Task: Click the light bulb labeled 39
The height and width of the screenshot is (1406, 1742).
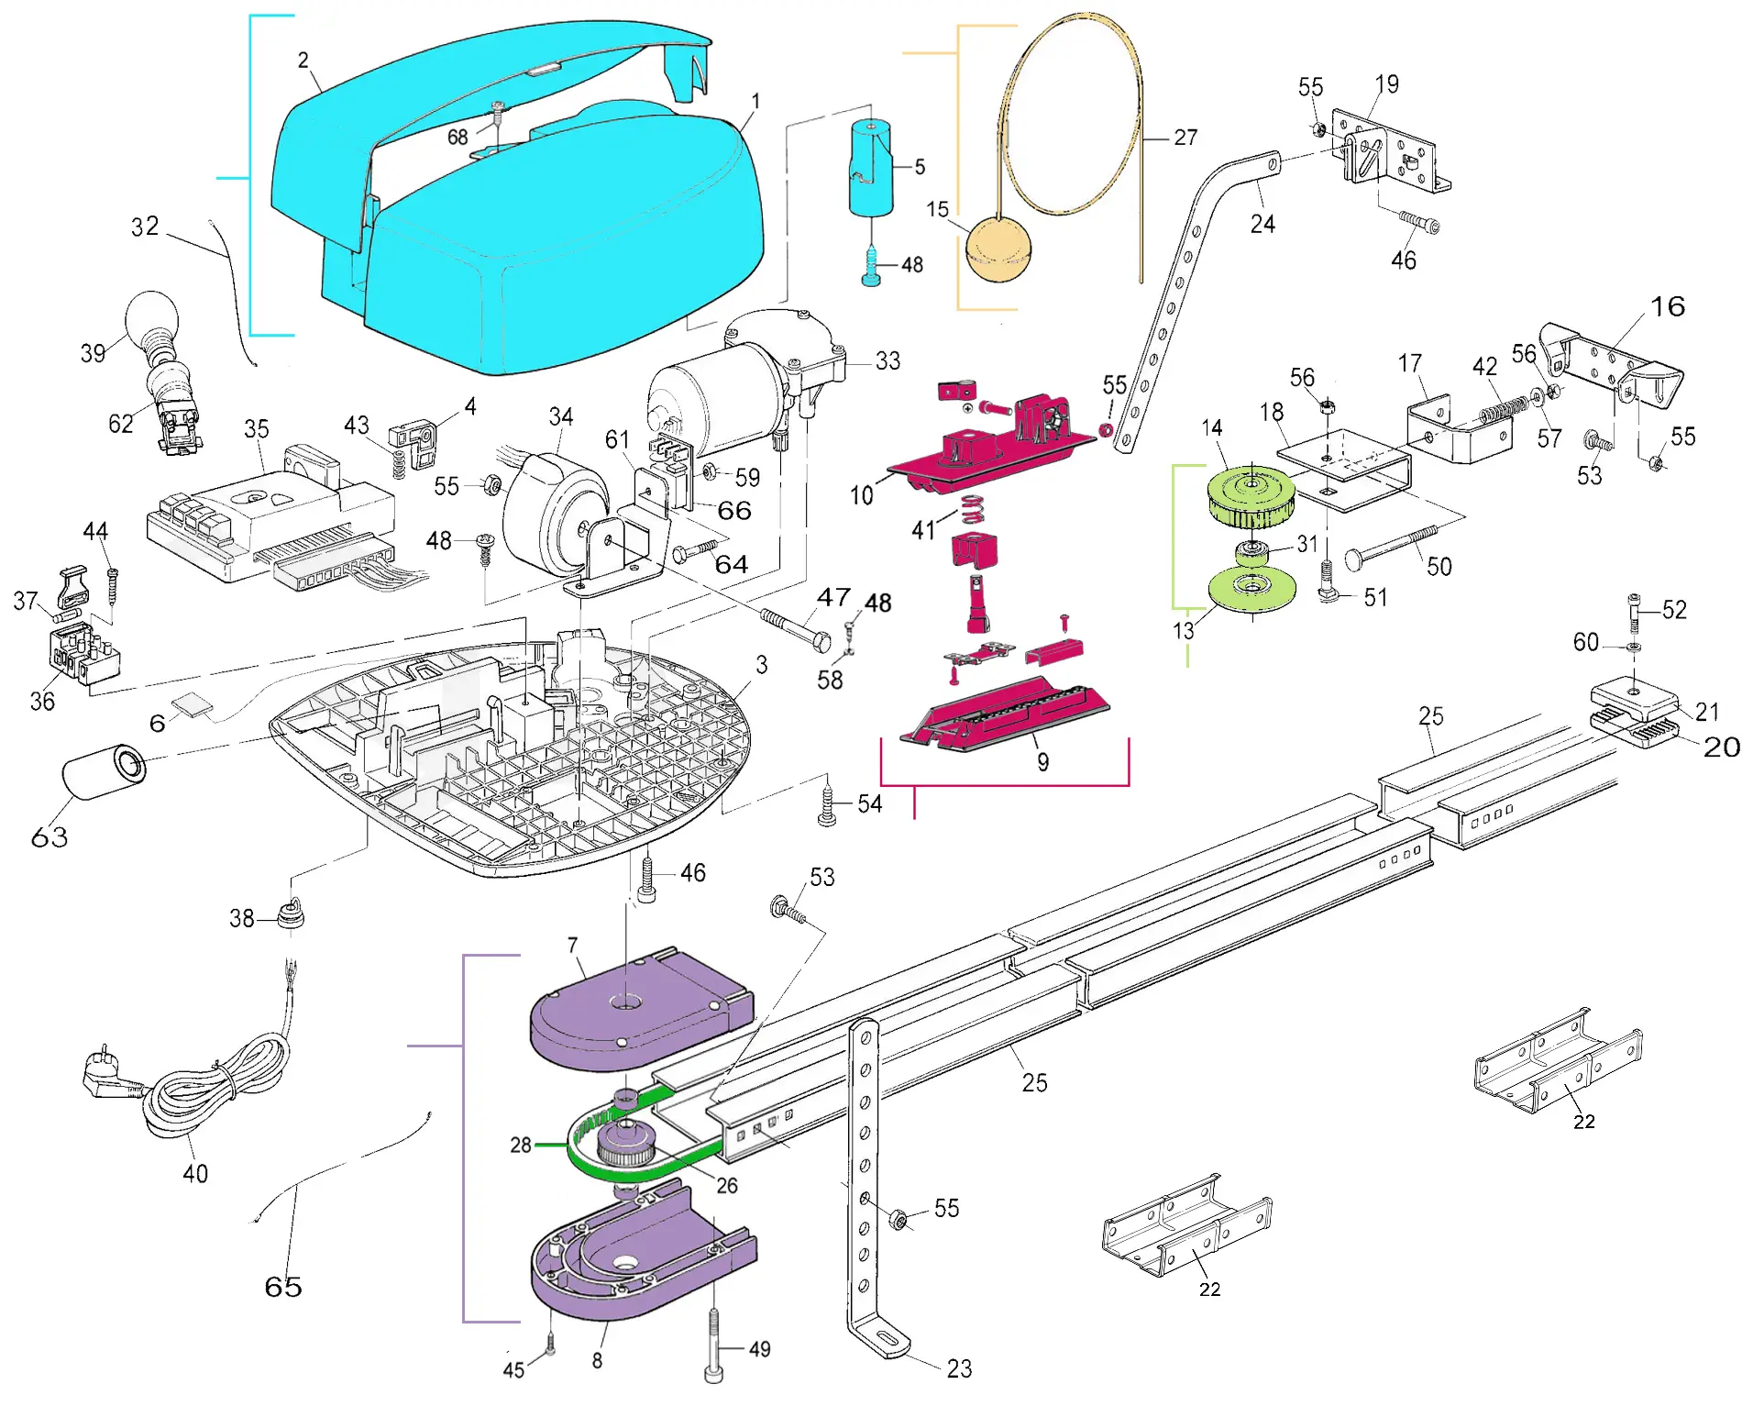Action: pos(151,316)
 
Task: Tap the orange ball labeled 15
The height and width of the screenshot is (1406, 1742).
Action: pos(998,249)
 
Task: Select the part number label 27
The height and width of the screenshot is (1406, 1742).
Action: pos(1185,138)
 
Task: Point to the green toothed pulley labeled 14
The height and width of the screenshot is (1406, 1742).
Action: pos(1251,496)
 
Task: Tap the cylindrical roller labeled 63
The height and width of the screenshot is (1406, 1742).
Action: pos(104,770)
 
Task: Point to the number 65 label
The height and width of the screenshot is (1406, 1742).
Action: pos(283,1287)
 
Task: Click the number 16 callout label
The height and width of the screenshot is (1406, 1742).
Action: pos(1668,306)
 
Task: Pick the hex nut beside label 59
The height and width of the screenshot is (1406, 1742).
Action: pos(710,472)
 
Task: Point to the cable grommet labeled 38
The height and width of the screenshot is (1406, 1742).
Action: pos(291,915)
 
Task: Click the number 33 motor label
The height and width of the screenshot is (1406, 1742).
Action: pos(888,361)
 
